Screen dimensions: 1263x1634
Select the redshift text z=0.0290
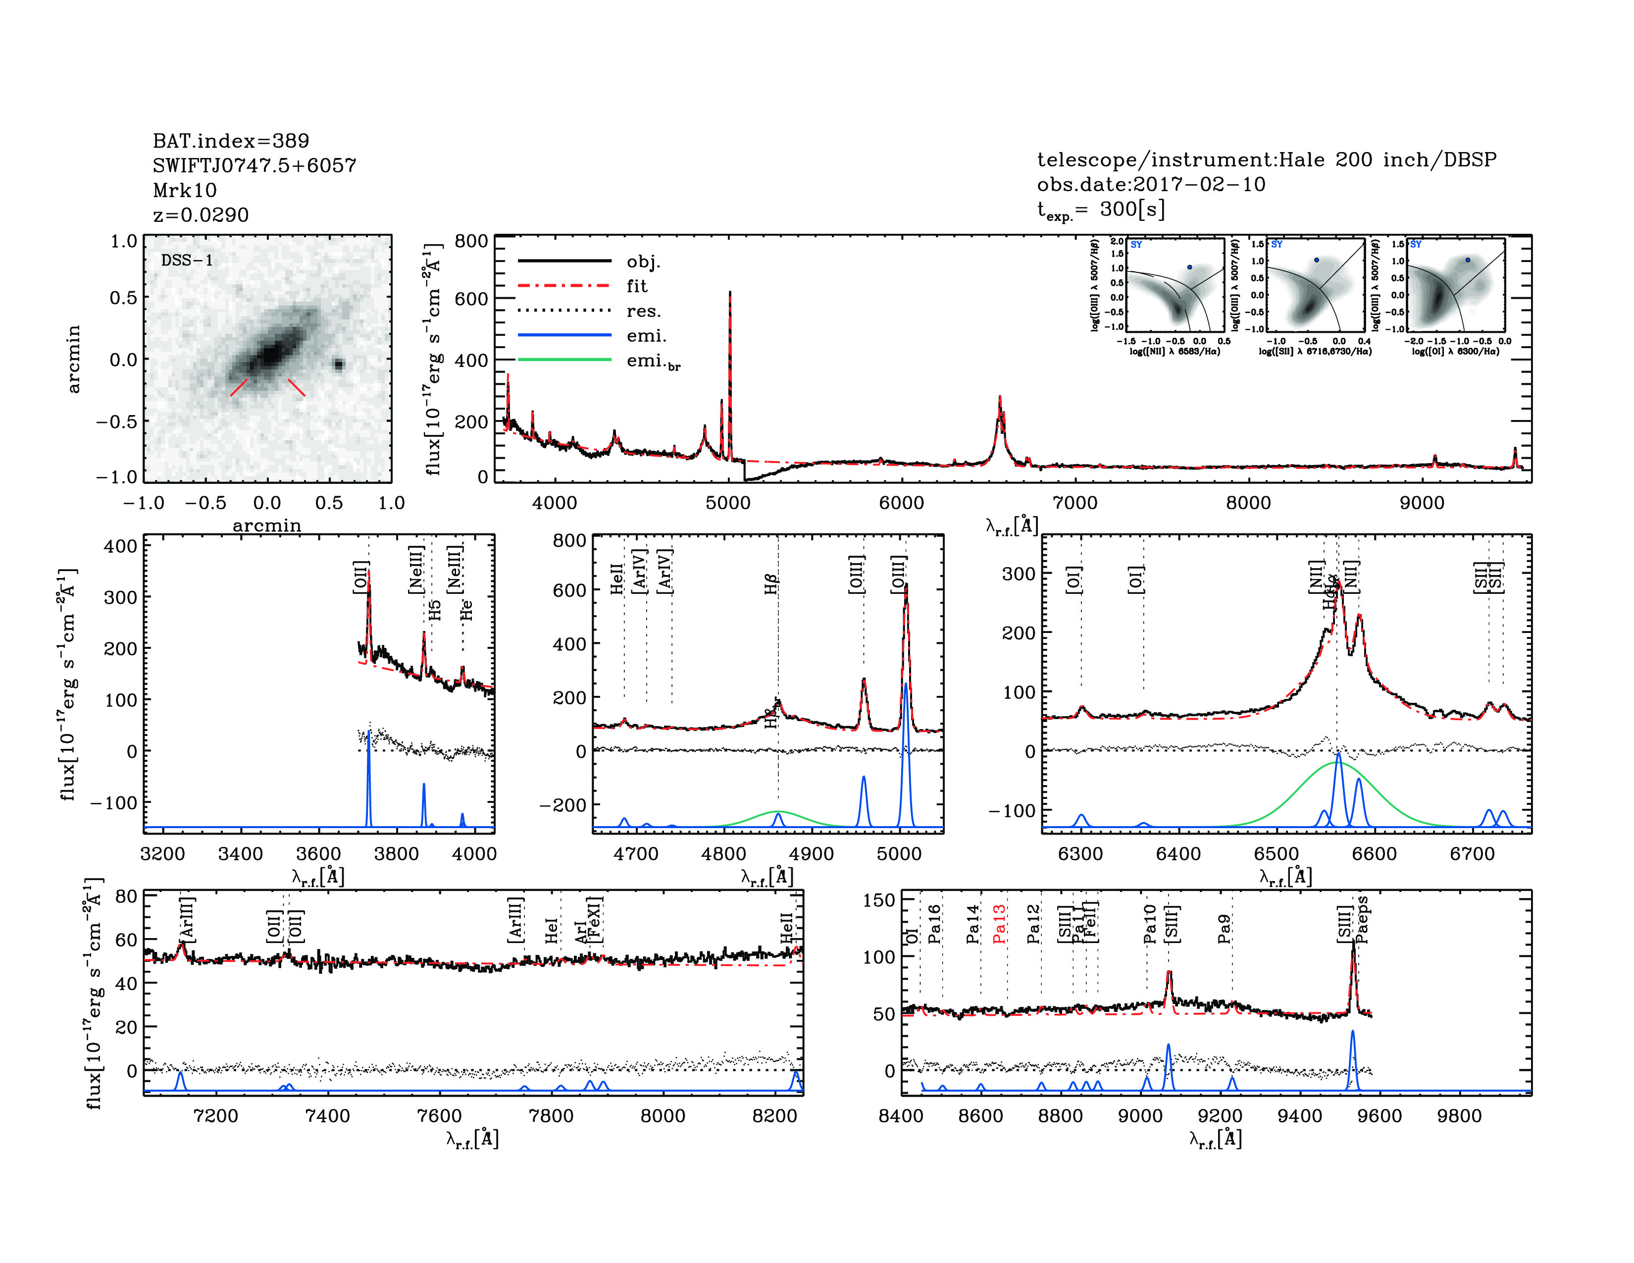[201, 215]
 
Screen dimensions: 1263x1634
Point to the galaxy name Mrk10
[185, 190]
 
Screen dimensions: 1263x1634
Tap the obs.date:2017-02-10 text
[1151, 184]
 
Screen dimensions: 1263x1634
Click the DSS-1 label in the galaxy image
[187, 261]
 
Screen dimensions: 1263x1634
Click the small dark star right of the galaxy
[338, 365]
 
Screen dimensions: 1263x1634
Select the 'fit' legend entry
[637, 286]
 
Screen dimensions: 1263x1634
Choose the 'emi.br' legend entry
[653, 362]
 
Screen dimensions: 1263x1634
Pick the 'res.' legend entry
[643, 311]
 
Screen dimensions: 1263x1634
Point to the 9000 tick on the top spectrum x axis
[1422, 503]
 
